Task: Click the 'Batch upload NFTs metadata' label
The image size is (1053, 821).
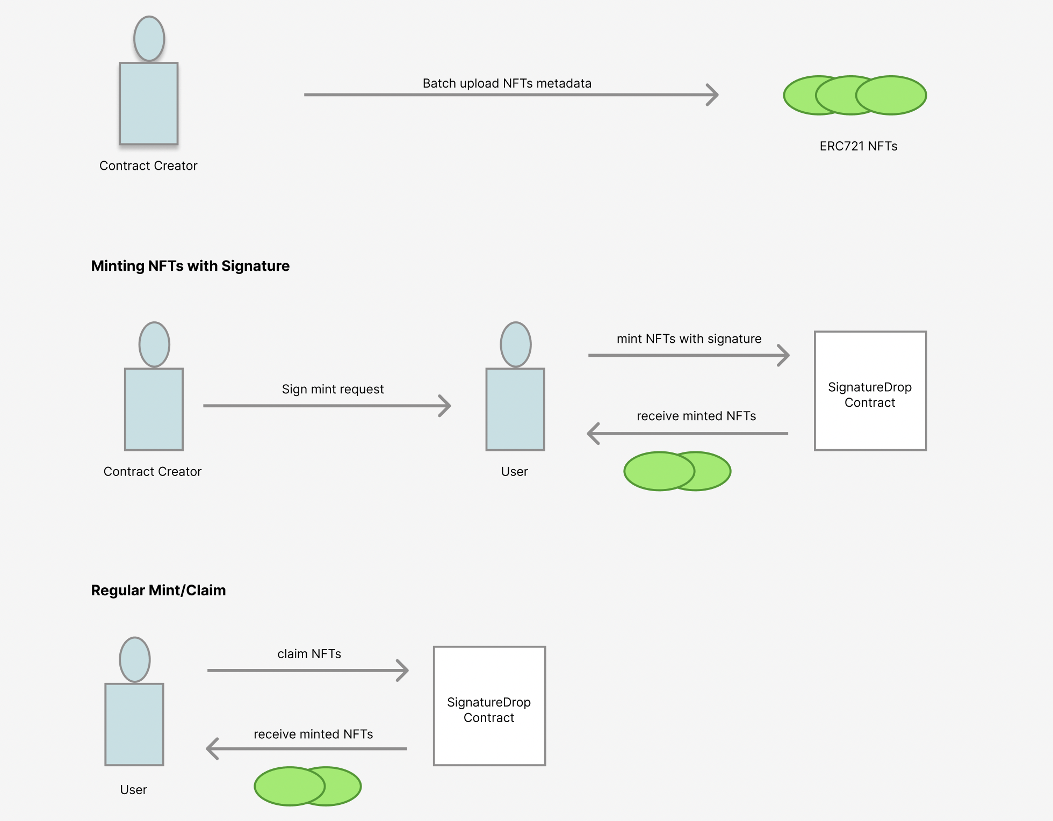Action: [507, 83]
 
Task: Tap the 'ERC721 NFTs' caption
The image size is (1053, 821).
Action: [858, 146]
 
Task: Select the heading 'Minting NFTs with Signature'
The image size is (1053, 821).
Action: [190, 266]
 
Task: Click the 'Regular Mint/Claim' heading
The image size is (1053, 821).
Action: [158, 590]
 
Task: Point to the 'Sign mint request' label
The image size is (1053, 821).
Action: [333, 389]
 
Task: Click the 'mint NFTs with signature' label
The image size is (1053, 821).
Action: [689, 339]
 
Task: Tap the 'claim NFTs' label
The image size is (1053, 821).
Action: [309, 654]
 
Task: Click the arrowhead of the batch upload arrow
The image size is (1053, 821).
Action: [715, 95]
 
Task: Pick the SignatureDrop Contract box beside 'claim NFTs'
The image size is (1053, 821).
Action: [489, 706]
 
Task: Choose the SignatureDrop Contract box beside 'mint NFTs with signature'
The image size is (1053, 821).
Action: [870, 391]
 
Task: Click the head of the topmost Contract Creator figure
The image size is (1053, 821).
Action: [149, 39]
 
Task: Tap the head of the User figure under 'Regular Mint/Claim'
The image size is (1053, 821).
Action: [134, 660]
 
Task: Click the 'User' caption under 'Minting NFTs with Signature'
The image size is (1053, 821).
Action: [514, 472]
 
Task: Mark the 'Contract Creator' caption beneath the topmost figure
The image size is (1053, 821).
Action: [148, 165]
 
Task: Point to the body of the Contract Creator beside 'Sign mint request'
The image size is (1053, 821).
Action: [154, 409]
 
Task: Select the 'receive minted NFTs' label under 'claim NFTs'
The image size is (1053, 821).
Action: [313, 734]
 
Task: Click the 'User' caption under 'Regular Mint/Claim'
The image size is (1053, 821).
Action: [133, 790]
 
